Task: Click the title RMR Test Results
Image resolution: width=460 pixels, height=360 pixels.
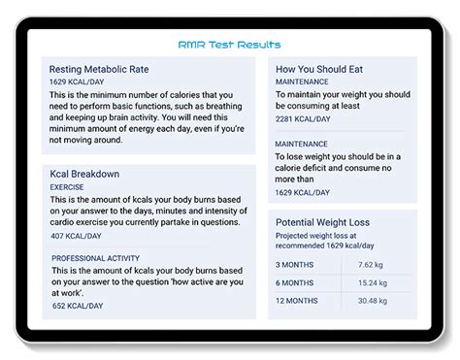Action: (229, 45)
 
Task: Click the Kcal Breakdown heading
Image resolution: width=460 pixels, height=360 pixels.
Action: (84, 174)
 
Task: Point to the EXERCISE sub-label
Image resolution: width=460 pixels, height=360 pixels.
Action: (67, 186)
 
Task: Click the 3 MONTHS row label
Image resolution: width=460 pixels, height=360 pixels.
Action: (296, 263)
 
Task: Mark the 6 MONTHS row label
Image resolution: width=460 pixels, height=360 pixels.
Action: (296, 281)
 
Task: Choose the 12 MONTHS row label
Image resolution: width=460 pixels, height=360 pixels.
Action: (298, 300)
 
